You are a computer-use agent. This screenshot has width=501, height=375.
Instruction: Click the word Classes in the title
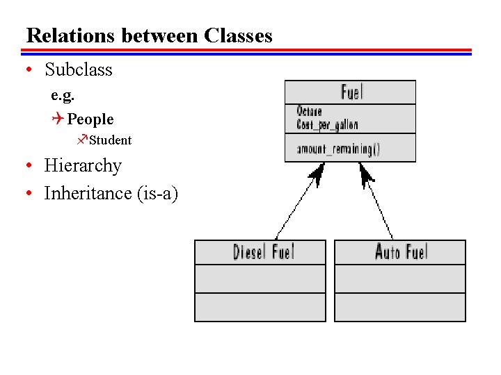pos(238,35)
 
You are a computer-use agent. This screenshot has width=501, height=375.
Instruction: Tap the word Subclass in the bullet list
pos(78,69)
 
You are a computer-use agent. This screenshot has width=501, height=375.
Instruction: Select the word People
pos(90,119)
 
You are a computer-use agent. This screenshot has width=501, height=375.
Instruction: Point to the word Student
pos(110,140)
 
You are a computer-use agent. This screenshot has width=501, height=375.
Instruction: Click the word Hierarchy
pos(83,166)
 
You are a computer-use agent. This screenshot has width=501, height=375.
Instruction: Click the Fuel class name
pos(351,92)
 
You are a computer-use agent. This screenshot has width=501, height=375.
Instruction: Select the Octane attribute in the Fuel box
pos(309,111)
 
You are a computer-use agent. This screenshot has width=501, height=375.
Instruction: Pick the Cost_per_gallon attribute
pos(327,124)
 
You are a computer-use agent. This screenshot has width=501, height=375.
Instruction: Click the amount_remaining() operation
pos(338,149)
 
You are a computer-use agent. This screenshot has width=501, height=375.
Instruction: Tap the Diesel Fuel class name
pos(263,251)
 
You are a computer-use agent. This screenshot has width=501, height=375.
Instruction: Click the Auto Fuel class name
pos(401,251)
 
